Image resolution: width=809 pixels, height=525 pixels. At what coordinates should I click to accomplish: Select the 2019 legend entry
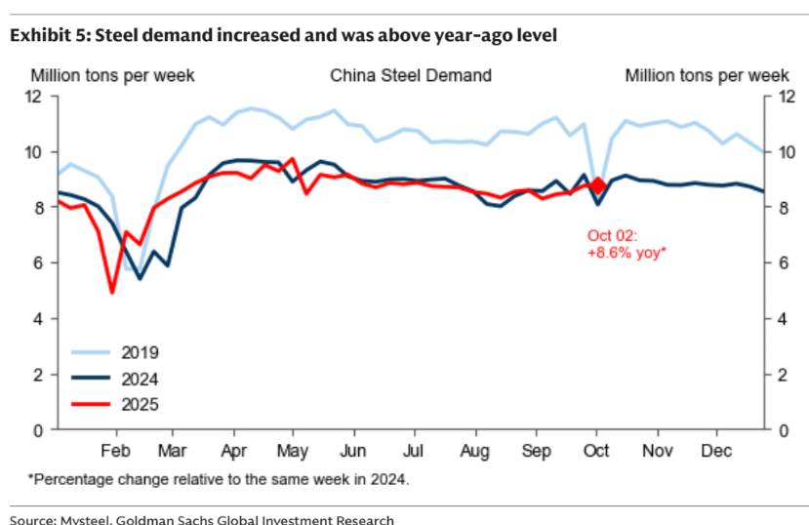click(140, 352)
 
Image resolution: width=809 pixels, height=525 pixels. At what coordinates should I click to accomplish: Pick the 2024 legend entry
click(140, 379)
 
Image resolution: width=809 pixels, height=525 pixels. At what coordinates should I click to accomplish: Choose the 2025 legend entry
click(140, 404)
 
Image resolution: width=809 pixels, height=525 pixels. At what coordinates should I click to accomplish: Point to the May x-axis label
click(294, 450)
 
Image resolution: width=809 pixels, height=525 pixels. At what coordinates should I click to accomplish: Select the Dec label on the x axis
click(717, 450)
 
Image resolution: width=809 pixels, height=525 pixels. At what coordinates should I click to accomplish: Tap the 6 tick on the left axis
click(37, 262)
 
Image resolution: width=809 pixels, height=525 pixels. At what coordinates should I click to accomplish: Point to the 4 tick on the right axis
click(780, 318)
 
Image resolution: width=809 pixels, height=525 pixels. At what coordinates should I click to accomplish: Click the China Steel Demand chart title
click(410, 75)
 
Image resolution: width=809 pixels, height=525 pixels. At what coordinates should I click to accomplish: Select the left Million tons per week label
click(112, 75)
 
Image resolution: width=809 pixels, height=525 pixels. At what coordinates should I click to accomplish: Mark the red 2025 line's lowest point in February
click(112, 291)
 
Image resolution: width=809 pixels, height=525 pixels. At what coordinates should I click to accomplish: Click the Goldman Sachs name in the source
click(184, 519)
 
